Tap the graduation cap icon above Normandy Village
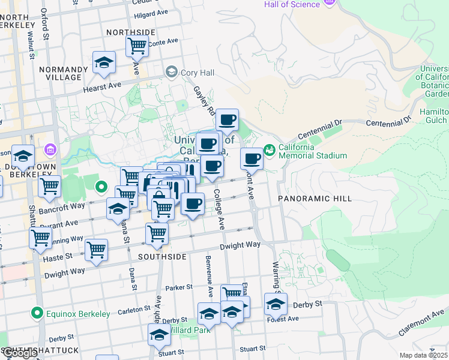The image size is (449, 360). (104, 62)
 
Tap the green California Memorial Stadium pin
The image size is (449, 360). (269, 149)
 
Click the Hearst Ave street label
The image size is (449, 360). (106, 88)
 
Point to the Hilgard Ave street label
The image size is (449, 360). (151, 13)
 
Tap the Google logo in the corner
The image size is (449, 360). (20, 353)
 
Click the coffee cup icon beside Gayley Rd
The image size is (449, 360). (227, 119)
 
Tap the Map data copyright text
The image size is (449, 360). (423, 355)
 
